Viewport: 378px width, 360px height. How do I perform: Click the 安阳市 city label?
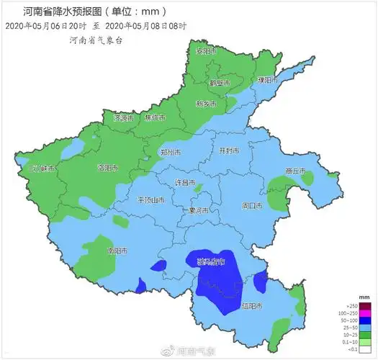(x=206, y=52)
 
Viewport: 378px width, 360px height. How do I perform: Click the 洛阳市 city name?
(x=107, y=168)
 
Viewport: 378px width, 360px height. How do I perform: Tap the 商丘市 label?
(x=295, y=171)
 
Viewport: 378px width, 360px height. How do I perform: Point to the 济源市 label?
(x=124, y=117)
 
